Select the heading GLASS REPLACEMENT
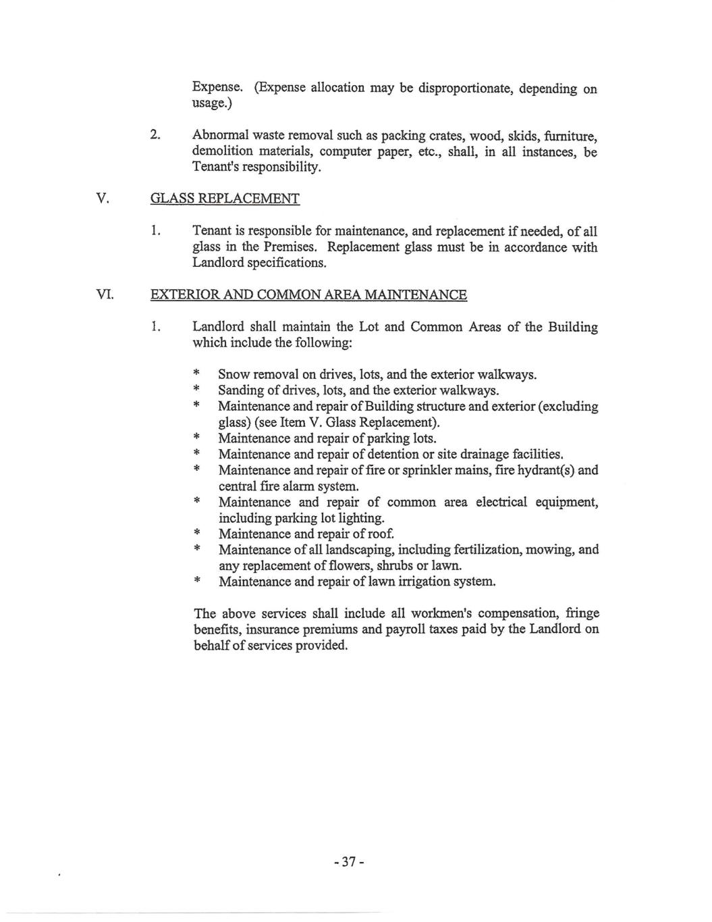pyautogui.click(x=224, y=199)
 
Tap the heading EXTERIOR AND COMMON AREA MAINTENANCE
pyautogui.click(x=308, y=295)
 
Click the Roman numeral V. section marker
pyautogui.click(x=103, y=199)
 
